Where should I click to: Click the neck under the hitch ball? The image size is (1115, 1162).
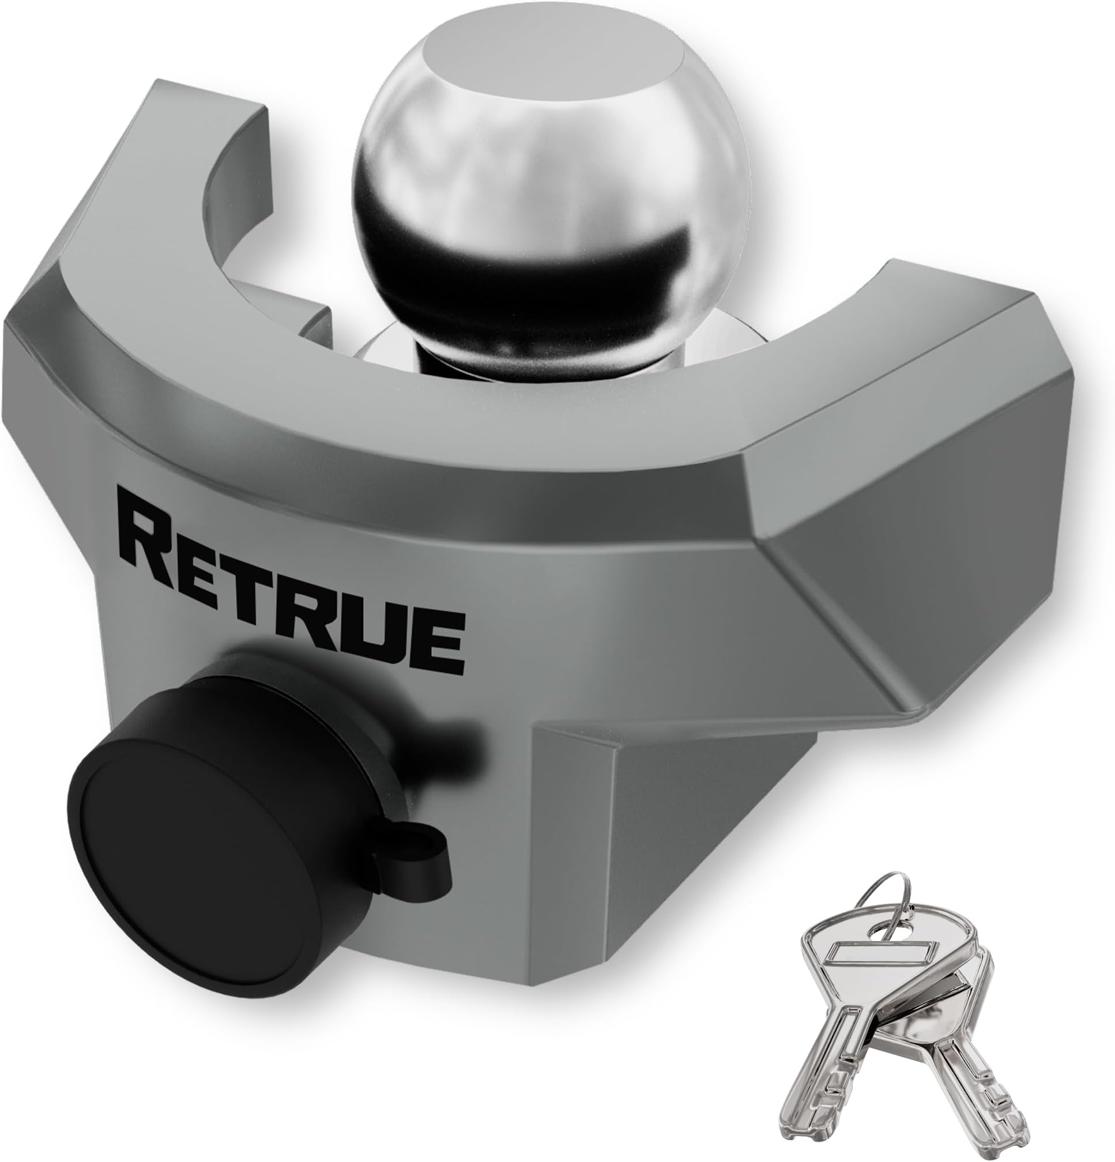451,356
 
